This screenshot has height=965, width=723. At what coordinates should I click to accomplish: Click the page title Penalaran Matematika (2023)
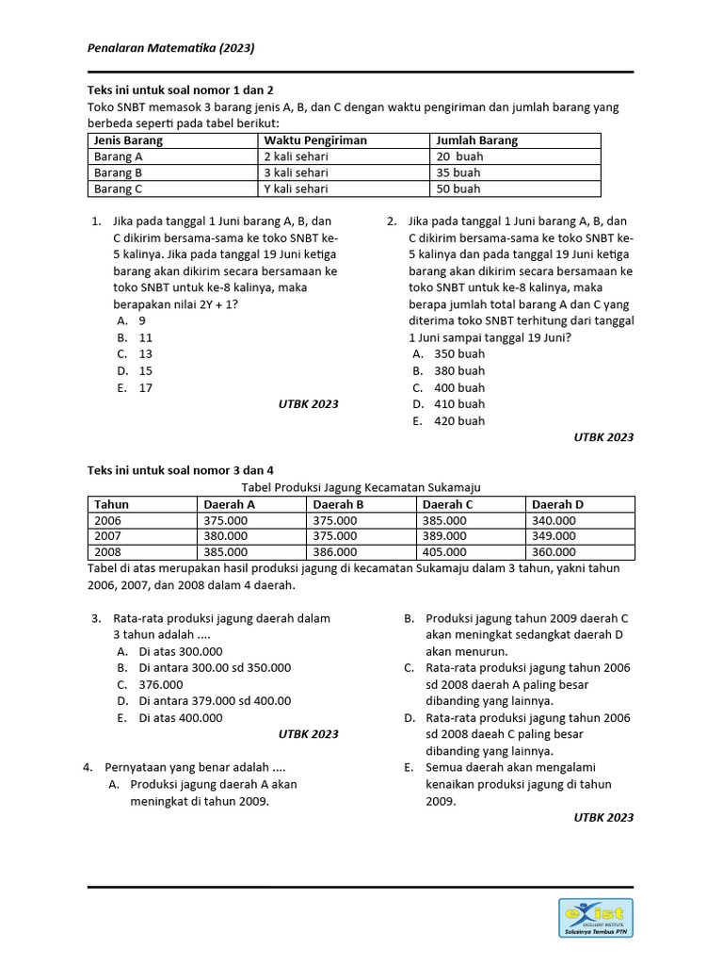pos(171,47)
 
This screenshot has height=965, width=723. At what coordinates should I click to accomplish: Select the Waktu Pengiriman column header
pos(314,140)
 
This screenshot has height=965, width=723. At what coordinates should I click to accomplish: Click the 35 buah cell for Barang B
pos(458,172)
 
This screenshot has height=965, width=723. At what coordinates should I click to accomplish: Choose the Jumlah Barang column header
pos(476,140)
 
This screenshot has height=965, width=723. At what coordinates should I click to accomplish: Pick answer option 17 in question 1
pos(146,387)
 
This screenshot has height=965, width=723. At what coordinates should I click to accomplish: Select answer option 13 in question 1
pos(146,353)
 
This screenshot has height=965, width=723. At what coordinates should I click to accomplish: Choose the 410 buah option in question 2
pos(459,404)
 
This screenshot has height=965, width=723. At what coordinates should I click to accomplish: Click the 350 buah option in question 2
pos(459,353)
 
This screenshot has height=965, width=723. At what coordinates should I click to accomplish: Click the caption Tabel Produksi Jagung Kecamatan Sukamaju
pos(361,487)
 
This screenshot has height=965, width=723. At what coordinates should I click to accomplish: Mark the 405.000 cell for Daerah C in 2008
pos(444,552)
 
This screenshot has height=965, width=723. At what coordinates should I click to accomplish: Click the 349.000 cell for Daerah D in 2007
pos(554,536)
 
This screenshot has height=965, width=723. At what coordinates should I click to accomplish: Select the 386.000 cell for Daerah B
pos(335,552)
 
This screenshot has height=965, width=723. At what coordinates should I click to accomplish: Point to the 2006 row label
pos(108,520)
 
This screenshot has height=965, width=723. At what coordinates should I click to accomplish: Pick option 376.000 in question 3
pos(161,684)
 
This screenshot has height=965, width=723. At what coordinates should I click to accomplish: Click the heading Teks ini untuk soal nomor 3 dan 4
pos(181,469)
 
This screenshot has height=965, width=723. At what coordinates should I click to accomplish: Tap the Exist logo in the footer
pos(595,918)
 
